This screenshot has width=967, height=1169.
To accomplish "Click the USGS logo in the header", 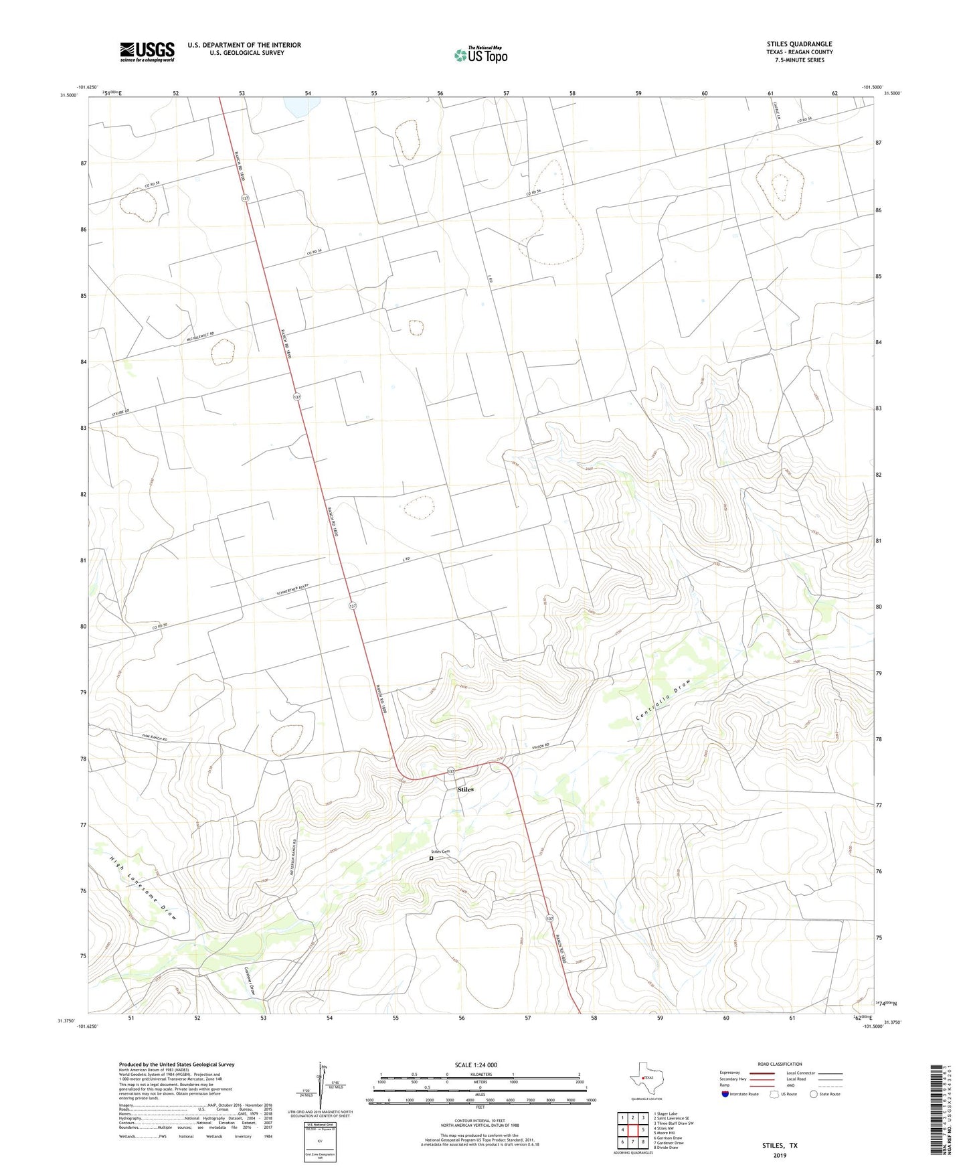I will (x=147, y=52).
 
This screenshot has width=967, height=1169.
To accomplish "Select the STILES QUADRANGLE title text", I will (x=799, y=44).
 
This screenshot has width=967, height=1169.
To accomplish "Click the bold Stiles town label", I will (x=465, y=789).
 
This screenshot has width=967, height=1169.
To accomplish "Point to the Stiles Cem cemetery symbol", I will (x=432, y=858).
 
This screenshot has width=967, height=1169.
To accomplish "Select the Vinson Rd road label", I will (x=540, y=746).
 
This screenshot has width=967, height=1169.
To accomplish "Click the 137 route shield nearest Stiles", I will (x=451, y=771).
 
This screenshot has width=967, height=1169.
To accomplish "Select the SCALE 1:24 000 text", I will (x=476, y=1065).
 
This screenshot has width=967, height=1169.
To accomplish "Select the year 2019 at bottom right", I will (x=780, y=1156).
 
